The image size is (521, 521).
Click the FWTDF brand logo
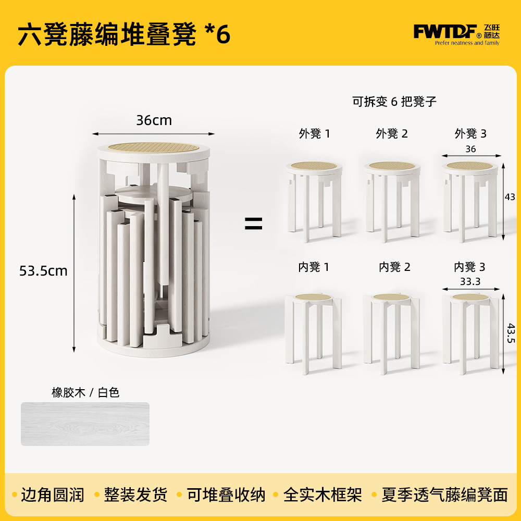click(x=456, y=34)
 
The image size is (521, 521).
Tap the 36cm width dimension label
click(x=154, y=120)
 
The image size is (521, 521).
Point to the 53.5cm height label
click(x=43, y=271)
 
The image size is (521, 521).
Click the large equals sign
click(x=254, y=224)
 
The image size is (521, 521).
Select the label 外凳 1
click(x=314, y=133)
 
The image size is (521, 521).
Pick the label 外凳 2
click(x=392, y=133)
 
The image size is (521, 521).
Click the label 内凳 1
click(x=314, y=267)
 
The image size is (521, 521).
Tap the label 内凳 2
click(x=395, y=267)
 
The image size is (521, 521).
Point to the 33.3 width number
click(x=470, y=282)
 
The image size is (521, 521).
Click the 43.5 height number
click(x=511, y=333)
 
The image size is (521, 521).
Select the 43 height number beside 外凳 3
click(x=510, y=197)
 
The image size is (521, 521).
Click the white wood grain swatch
click(x=85, y=424)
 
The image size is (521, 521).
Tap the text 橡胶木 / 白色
click(x=85, y=392)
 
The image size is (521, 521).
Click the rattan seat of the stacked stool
click(x=154, y=147)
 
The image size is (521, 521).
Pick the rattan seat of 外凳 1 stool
click(x=314, y=166)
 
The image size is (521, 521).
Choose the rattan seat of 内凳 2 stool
click(x=391, y=297)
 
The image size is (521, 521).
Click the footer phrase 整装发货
click(x=135, y=495)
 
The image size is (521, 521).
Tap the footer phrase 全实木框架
click(x=322, y=495)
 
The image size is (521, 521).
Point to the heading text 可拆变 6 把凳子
click(x=394, y=102)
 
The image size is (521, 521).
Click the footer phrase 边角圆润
click(x=53, y=495)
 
